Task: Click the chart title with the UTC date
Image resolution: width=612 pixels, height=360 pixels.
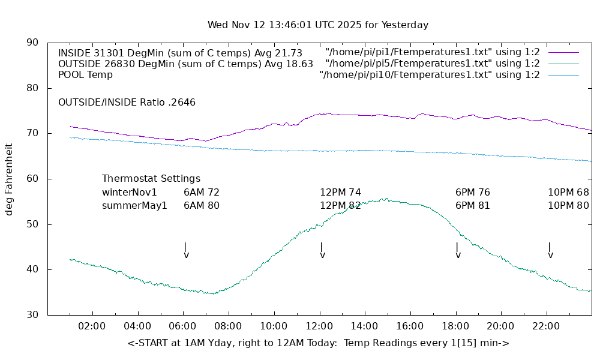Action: point(318,25)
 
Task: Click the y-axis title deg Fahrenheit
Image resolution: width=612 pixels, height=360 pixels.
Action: point(10,179)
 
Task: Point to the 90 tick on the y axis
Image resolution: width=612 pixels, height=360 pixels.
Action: point(32,43)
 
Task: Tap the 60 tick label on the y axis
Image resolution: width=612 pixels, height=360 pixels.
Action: point(32,179)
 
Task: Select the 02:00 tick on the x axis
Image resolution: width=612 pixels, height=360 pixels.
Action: point(92,326)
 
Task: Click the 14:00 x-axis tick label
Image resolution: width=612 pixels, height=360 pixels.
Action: point(364,326)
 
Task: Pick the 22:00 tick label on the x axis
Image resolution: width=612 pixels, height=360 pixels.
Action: point(546,326)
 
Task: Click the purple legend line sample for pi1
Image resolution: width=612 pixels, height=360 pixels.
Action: point(563,53)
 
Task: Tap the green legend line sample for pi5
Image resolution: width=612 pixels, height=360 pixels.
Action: point(563,64)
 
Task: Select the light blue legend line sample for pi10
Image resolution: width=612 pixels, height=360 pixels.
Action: point(563,75)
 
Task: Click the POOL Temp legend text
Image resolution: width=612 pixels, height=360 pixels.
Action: point(85,75)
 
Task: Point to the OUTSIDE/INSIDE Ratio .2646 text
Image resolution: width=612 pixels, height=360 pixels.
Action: point(127,103)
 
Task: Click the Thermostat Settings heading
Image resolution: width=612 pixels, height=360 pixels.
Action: point(151,179)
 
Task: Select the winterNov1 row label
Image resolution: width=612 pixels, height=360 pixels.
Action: point(130,193)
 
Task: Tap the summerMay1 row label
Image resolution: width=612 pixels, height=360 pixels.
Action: point(134,206)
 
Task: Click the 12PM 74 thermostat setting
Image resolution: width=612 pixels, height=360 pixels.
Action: point(340,193)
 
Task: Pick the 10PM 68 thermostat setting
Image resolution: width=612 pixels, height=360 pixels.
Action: point(568,193)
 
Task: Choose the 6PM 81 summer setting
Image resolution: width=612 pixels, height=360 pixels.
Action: point(473,206)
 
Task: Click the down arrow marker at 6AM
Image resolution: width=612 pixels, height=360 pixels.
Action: point(186,251)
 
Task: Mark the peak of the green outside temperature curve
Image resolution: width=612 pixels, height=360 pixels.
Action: point(386,199)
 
